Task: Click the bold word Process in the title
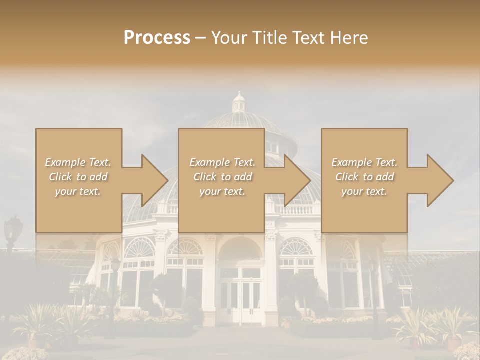tap(157, 38)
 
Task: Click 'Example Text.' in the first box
tap(78, 162)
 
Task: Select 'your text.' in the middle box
tap(222, 191)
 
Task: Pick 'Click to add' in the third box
tap(364, 177)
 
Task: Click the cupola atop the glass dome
tap(239, 102)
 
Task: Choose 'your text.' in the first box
tap(78, 191)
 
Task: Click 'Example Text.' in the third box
tap(364, 162)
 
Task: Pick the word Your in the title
tap(227, 38)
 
